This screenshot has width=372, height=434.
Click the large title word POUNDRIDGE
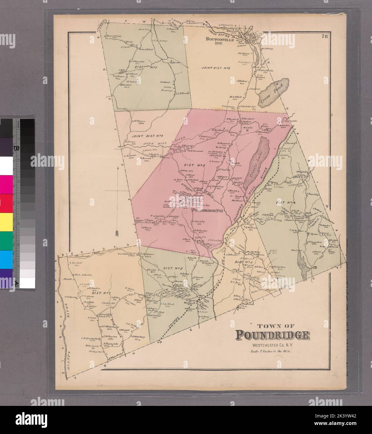[272, 335]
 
